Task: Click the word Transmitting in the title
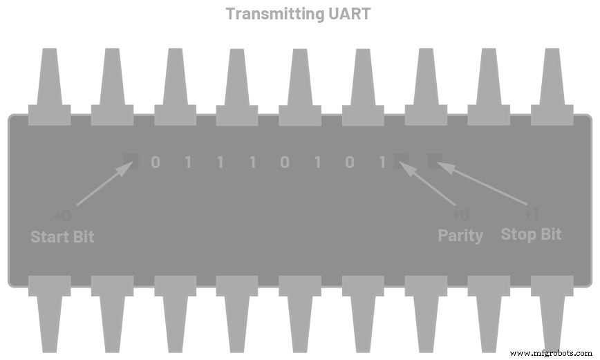[x=274, y=13]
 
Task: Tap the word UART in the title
[x=348, y=13]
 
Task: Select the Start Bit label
[x=62, y=236]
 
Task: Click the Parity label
[x=460, y=235]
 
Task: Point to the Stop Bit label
[x=531, y=234]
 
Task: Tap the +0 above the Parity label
[x=460, y=215]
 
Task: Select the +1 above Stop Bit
[x=531, y=214]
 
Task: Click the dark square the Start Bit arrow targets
[x=131, y=161]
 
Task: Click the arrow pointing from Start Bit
[x=104, y=184]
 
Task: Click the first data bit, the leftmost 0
[x=155, y=162]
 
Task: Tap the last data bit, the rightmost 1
[x=382, y=162]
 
